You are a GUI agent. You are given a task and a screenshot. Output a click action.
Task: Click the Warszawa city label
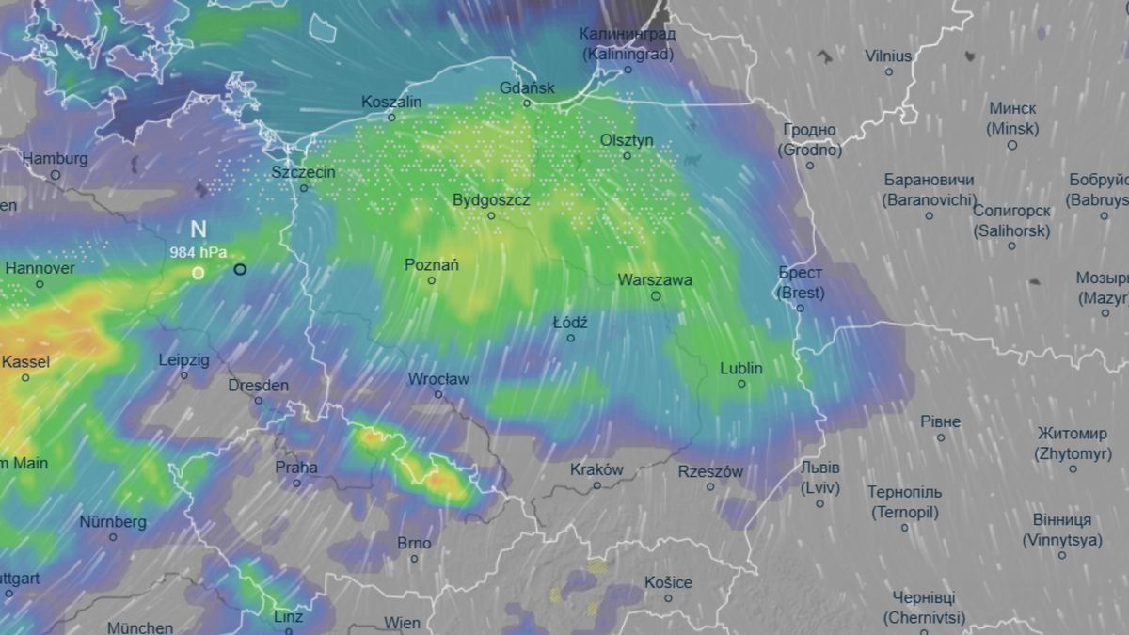click(655, 280)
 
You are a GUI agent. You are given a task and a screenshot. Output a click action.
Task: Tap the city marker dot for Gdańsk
click(527, 103)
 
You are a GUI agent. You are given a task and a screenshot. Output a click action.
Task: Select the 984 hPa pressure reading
click(198, 252)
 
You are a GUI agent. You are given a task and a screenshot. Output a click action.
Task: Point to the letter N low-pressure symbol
click(198, 230)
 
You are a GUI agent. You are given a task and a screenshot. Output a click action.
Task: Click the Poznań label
click(432, 265)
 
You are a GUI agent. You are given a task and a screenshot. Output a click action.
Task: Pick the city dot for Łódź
click(570, 338)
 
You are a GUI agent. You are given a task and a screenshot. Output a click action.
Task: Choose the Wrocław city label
click(438, 379)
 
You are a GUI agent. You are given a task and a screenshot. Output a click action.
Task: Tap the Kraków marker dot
click(597, 485)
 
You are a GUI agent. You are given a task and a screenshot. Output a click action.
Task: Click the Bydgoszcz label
click(491, 200)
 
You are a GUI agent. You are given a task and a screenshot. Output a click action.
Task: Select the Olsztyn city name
click(627, 140)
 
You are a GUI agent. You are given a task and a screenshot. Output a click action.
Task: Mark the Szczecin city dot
click(304, 188)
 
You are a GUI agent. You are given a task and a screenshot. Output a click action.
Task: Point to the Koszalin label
click(391, 102)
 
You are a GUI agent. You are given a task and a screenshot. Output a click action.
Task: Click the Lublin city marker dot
click(741, 384)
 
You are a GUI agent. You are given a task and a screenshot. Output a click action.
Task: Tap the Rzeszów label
click(710, 471)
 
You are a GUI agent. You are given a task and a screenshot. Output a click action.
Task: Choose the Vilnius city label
click(888, 56)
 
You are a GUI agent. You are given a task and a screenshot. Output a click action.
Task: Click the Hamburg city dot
click(56, 175)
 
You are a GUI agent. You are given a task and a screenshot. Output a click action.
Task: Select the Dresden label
click(259, 385)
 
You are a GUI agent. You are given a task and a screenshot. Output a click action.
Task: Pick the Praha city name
click(296, 467)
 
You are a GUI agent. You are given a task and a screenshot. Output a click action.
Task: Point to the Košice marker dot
click(668, 598)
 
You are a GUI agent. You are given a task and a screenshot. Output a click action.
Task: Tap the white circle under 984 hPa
click(198, 273)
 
